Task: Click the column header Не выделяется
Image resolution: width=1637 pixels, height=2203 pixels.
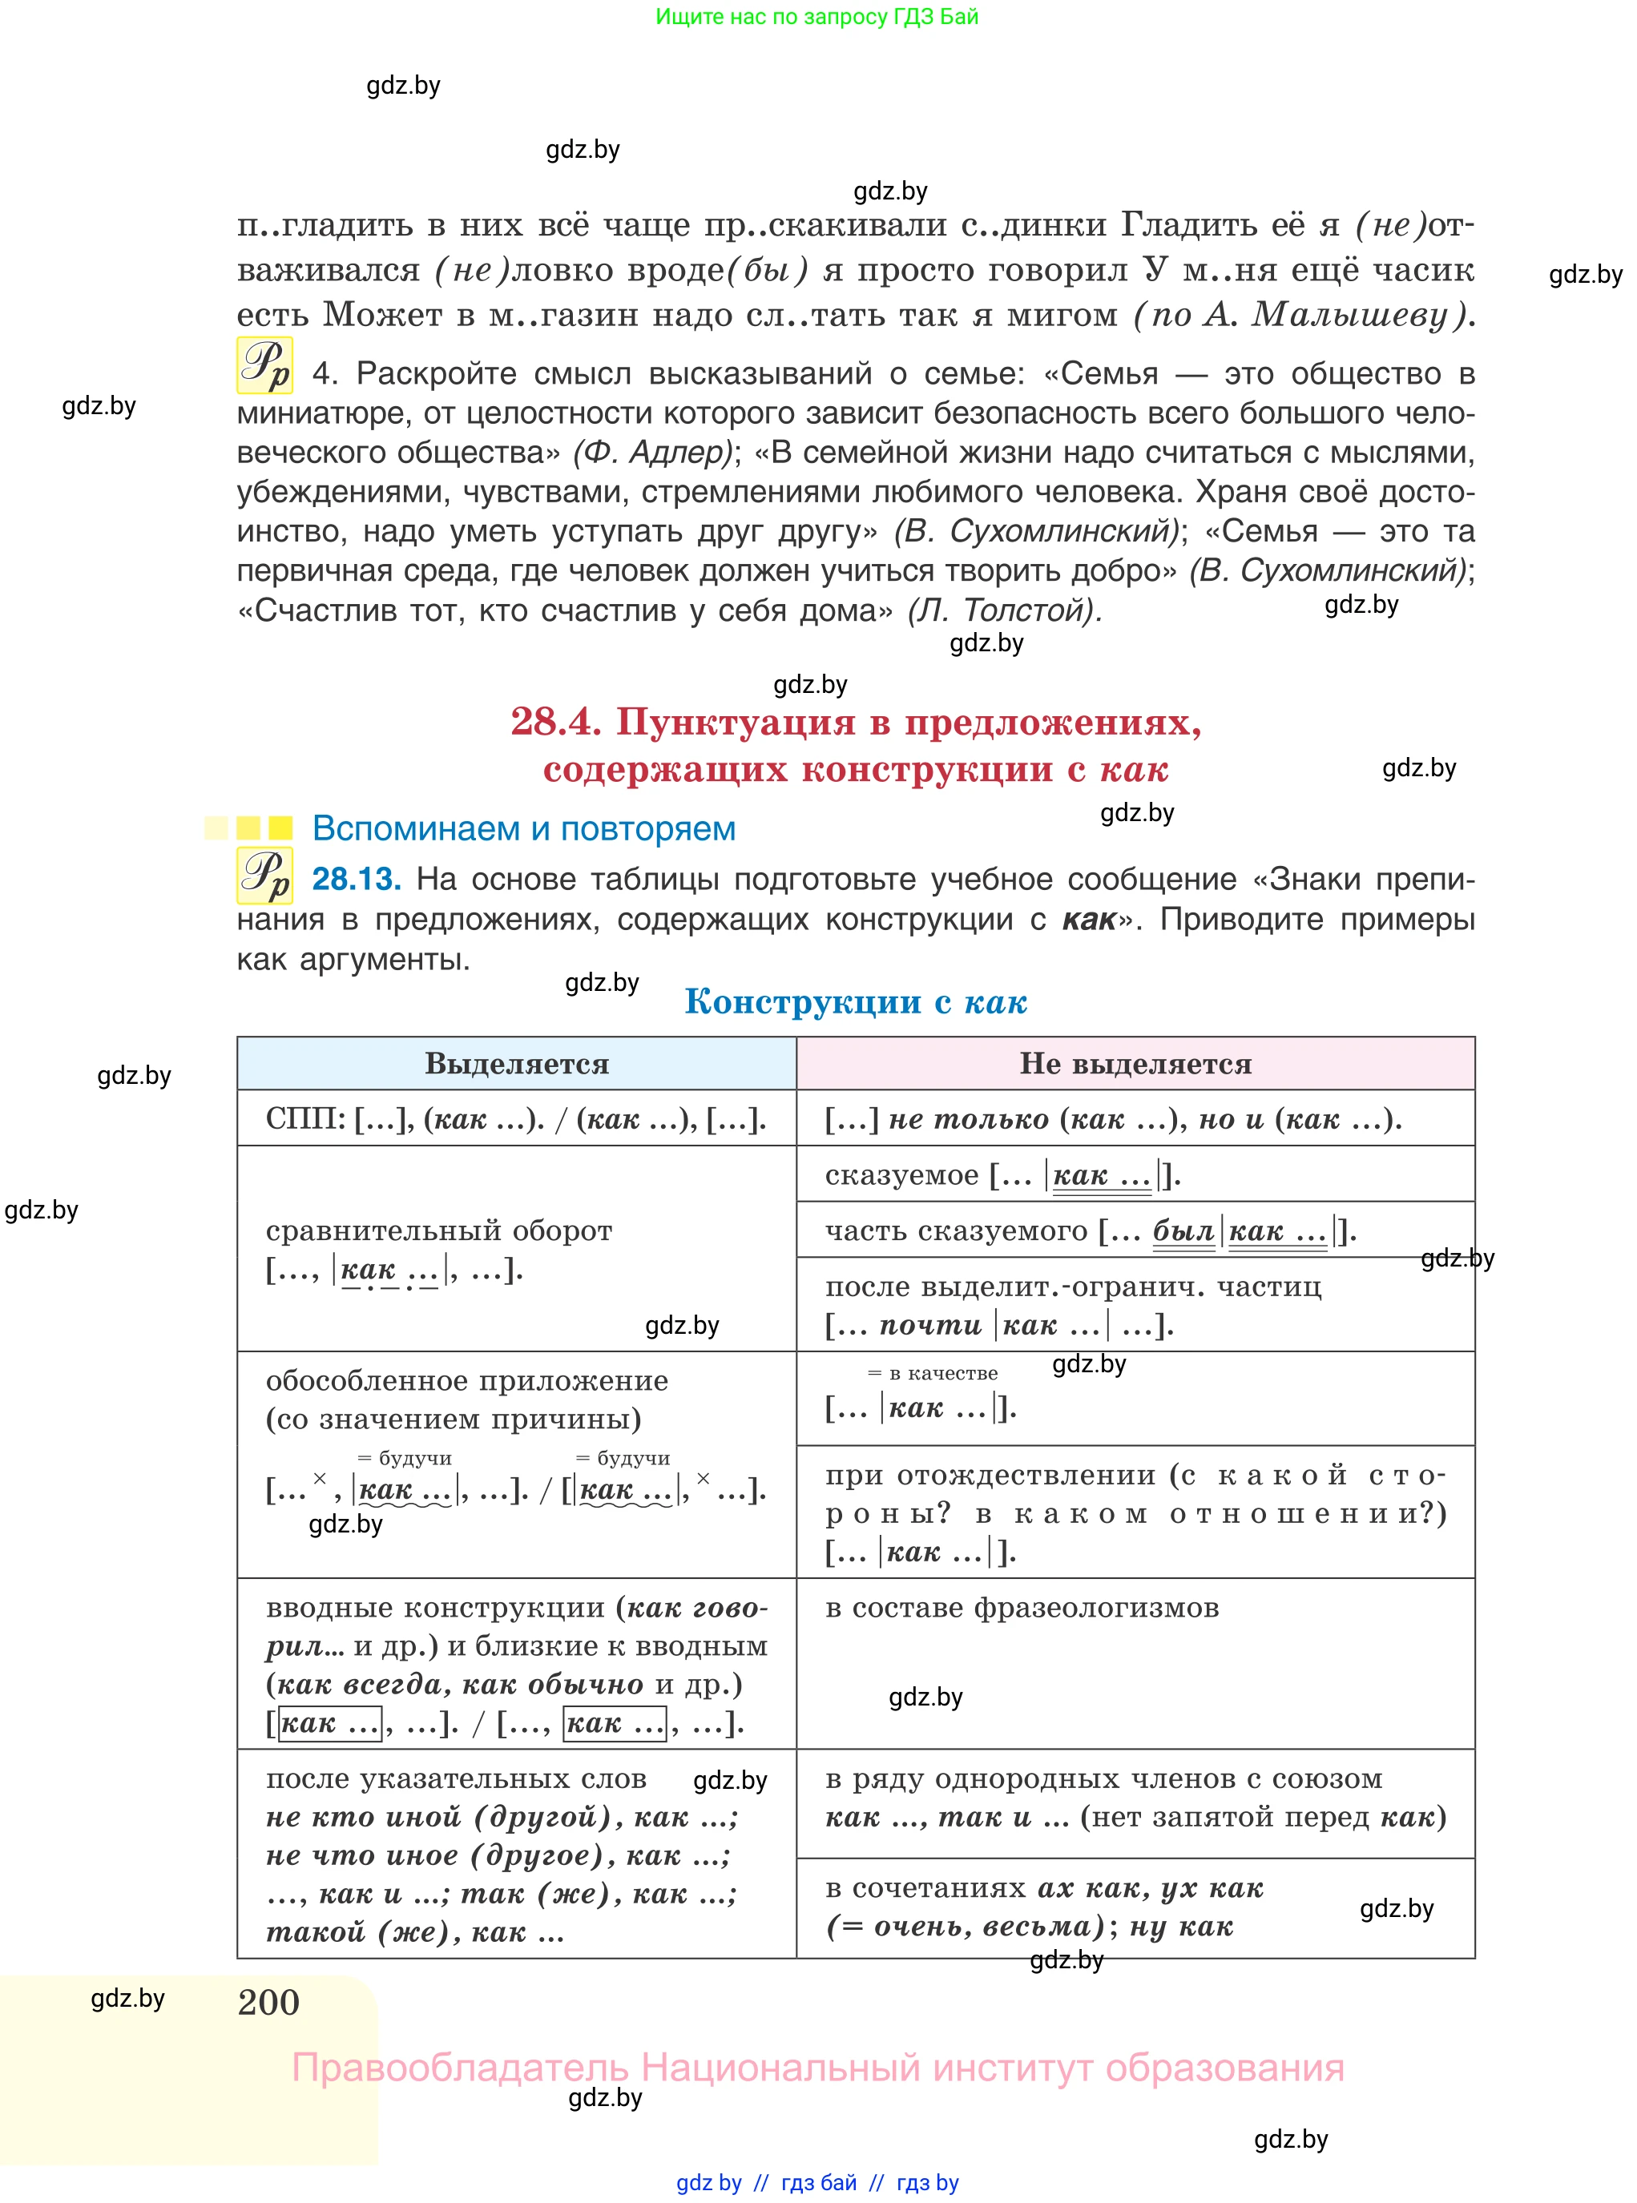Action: pyautogui.click(x=1135, y=1063)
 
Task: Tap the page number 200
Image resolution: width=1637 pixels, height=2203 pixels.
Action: pyautogui.click(x=268, y=2002)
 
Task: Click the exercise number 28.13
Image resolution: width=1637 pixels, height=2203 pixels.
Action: pyautogui.click(x=356, y=879)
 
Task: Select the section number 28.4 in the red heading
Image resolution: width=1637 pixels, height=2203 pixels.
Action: pyautogui.click(x=556, y=721)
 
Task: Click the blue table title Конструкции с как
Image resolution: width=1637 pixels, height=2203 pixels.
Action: pyautogui.click(x=855, y=1001)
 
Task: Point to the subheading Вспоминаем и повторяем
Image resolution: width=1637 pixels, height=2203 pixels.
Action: pyautogui.click(x=523, y=828)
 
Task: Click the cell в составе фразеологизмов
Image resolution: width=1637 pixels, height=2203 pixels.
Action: pyautogui.click(x=1021, y=1608)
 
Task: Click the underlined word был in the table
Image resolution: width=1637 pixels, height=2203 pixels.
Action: pyautogui.click(x=1183, y=1231)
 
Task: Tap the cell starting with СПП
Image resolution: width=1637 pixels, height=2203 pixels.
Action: pyautogui.click(x=515, y=1119)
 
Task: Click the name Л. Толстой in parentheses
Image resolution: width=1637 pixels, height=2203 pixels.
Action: pyautogui.click(x=1004, y=610)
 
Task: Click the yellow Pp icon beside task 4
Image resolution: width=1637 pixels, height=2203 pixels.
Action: pyautogui.click(x=264, y=365)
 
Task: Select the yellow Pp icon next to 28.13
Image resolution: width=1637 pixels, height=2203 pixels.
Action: pyautogui.click(x=264, y=876)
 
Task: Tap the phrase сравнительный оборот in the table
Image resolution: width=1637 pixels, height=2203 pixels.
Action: pyautogui.click(x=438, y=1230)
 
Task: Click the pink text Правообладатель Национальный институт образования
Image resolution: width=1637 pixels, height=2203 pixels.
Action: pyautogui.click(x=817, y=2068)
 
